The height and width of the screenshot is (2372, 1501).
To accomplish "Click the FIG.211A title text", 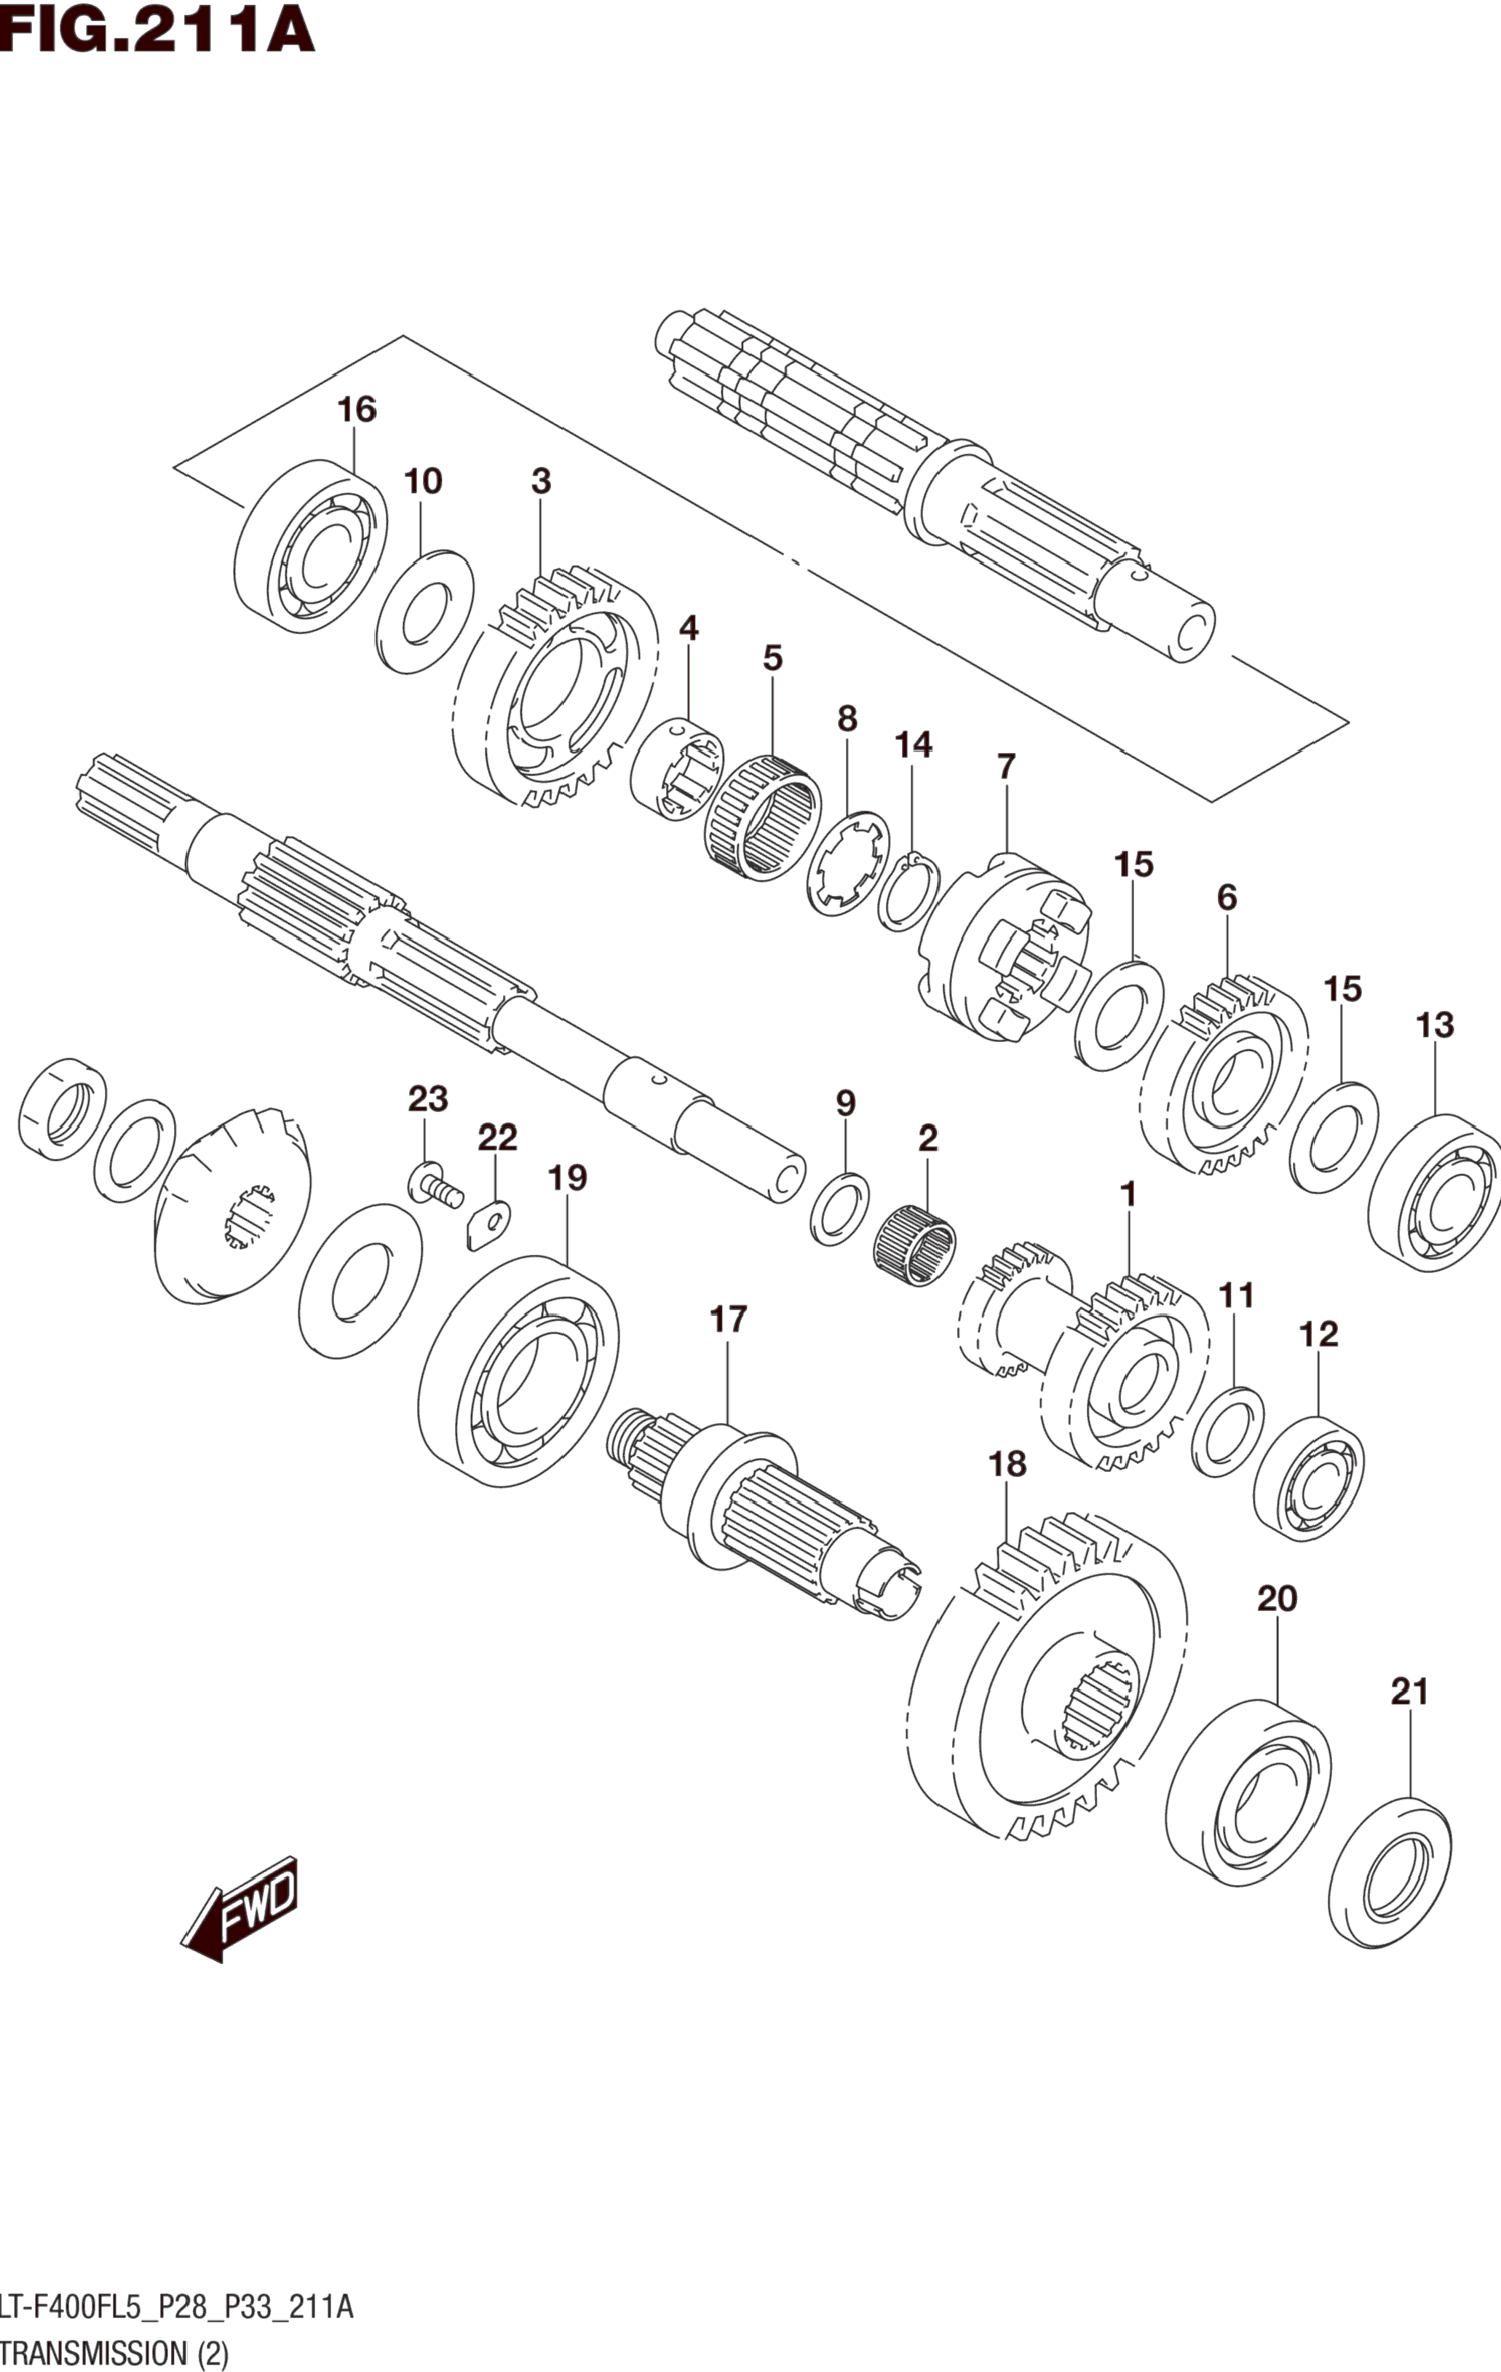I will pyautogui.click(x=157, y=30).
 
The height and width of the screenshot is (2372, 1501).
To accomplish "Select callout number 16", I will pyautogui.click(x=357, y=409).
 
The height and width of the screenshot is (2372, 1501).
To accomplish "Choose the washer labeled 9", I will pyautogui.click(x=839, y=1209).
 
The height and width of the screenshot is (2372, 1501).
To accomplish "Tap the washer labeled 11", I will pyautogui.click(x=1227, y=1431).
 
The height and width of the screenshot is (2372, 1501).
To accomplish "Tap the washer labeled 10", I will pyautogui.click(x=424, y=612).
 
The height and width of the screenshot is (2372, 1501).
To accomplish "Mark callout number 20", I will pyautogui.click(x=1277, y=1599).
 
